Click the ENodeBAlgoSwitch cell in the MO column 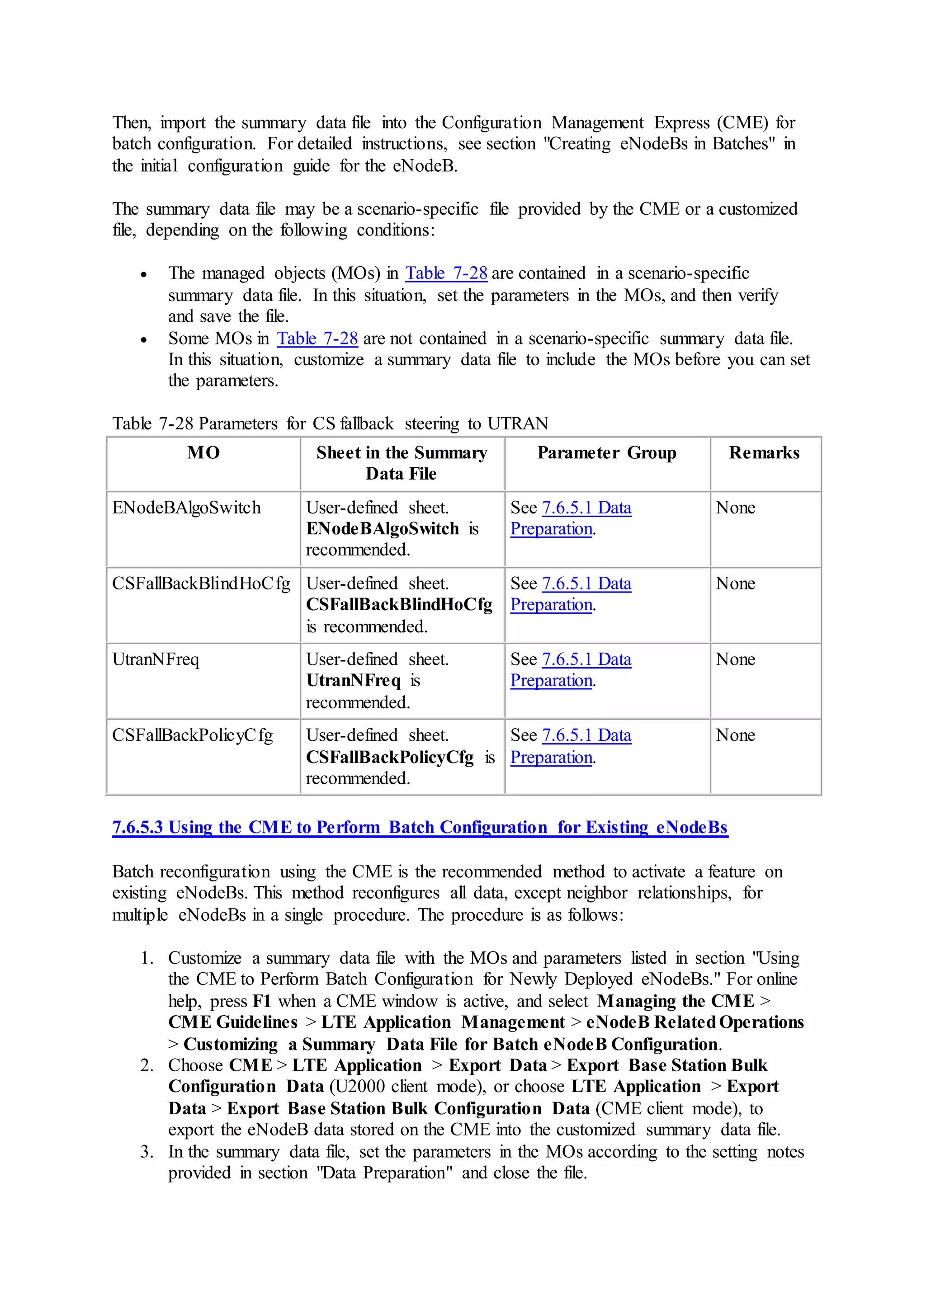point(186,508)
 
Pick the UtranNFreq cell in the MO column point(156,659)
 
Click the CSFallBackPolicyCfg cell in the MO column point(192,735)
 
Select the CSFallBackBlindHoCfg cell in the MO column point(201,584)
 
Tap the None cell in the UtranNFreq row point(735,659)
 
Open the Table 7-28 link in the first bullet point(446,273)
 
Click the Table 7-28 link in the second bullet point(317,339)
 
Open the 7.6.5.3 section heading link point(420,827)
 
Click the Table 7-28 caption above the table point(330,424)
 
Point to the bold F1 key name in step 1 point(262,1001)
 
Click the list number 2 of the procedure point(146,1065)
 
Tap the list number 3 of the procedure point(146,1152)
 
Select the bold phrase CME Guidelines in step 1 point(233,1022)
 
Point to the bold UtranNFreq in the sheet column point(354,681)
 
